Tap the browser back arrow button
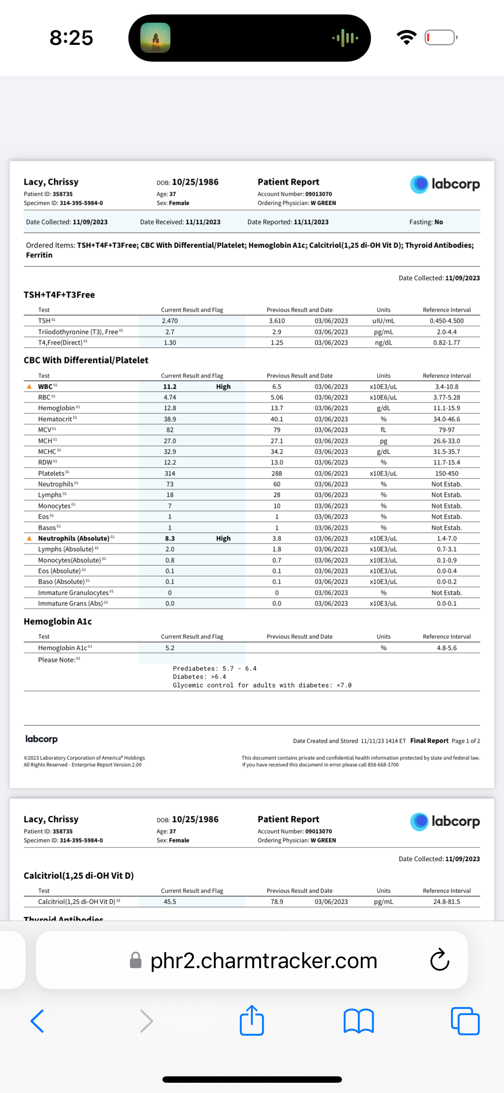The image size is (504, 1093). pos(38,1021)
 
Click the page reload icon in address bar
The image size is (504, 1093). pos(439,960)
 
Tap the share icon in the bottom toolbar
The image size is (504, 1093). pos(252,1020)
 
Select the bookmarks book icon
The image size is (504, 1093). pos(359,1021)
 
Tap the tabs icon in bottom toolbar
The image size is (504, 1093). pos(465,1021)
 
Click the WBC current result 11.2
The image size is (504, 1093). pos(170,387)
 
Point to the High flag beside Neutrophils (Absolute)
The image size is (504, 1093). pos(223,538)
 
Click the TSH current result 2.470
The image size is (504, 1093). pos(170,321)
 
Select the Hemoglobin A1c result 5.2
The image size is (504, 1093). pos(170,648)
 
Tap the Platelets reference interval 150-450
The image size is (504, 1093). pos(447,473)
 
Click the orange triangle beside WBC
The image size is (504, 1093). pos(29,387)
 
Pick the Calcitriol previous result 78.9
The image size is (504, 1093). pos(277,901)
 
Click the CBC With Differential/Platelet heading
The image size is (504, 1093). pos(86,360)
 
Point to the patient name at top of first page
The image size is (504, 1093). pos(51,182)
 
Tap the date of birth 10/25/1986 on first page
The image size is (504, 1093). pos(195,182)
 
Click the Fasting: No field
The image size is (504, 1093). pos(426,222)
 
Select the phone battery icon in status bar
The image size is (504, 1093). pos(441,38)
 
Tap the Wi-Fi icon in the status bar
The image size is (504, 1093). pos(407,38)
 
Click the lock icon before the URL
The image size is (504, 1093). pos(136,960)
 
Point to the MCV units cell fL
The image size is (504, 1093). pos(383,430)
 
